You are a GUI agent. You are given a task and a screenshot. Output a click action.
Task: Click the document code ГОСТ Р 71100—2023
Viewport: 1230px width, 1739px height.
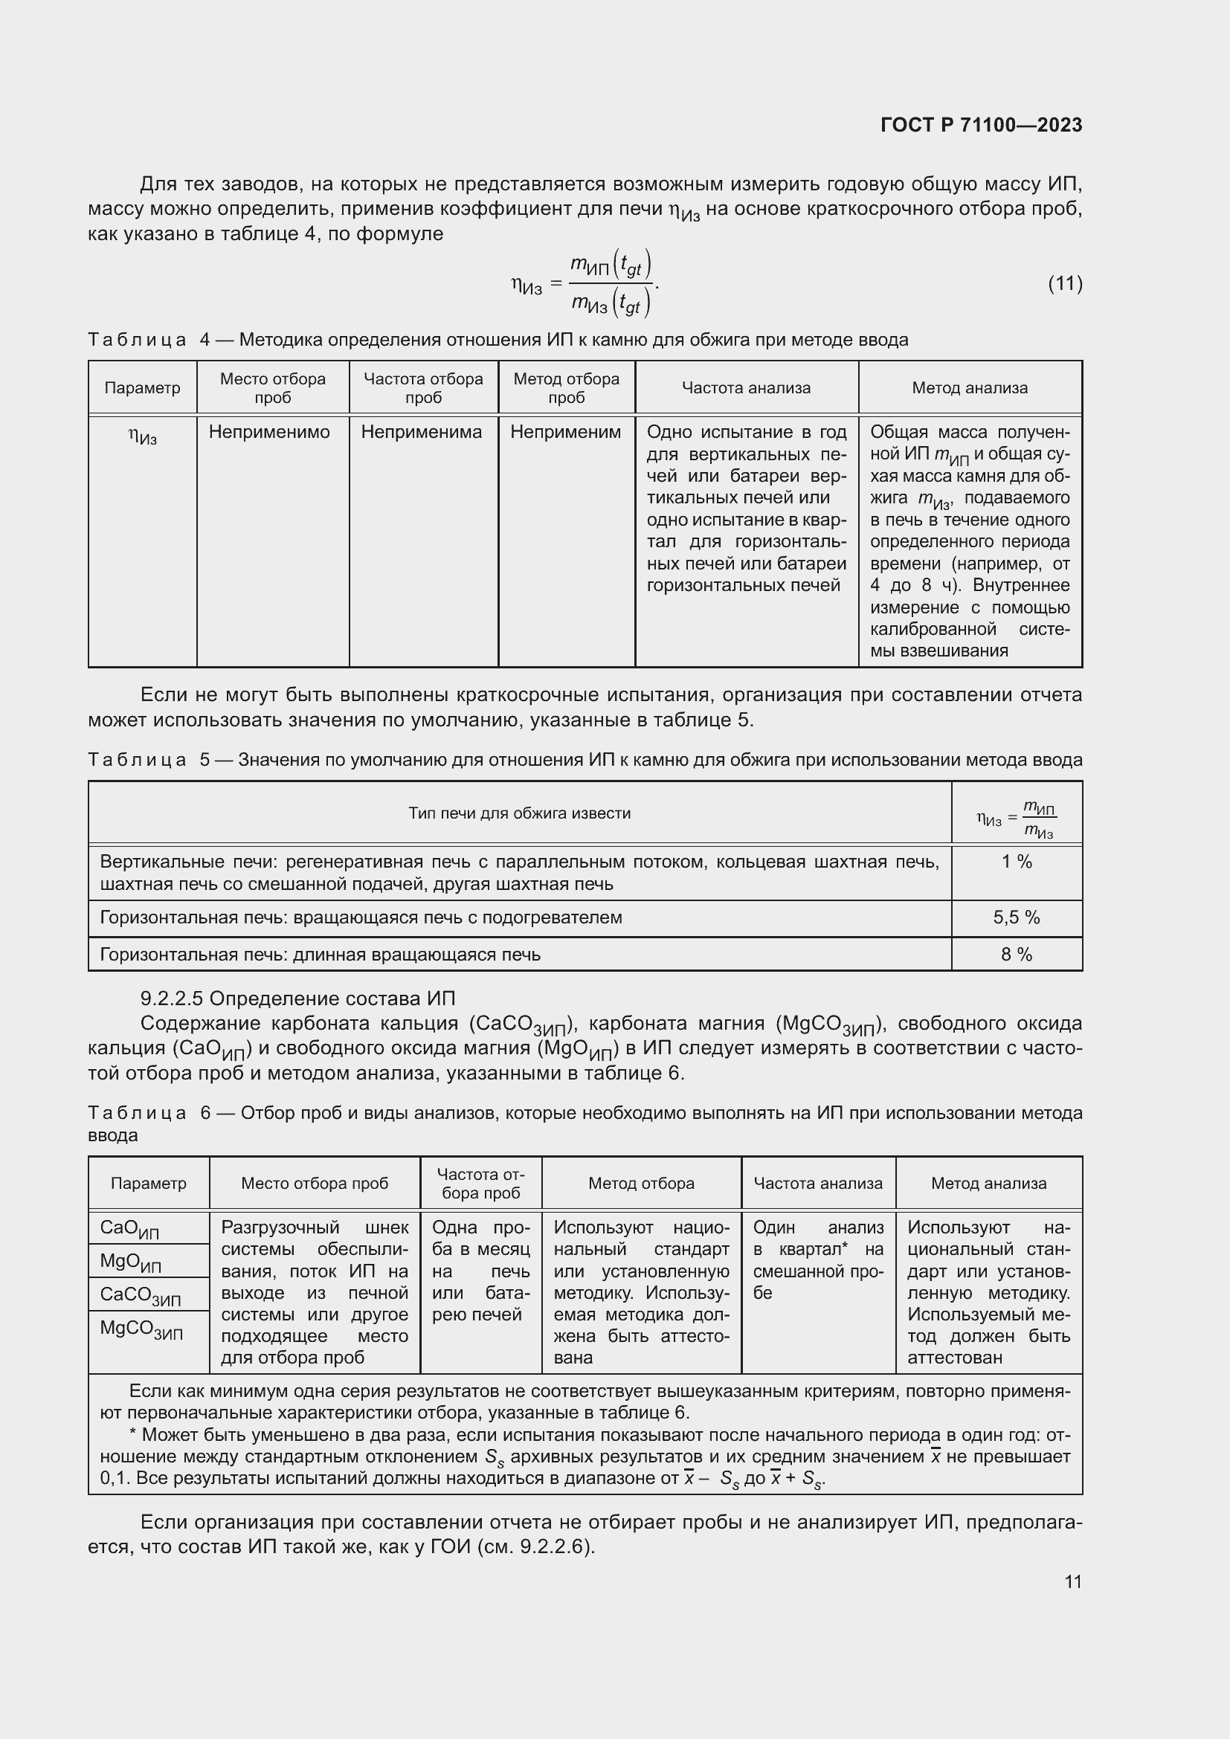[981, 125]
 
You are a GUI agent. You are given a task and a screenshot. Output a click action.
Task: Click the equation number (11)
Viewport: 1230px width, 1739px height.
[1064, 283]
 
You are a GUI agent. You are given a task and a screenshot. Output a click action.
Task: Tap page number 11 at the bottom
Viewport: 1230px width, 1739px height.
[1072, 1581]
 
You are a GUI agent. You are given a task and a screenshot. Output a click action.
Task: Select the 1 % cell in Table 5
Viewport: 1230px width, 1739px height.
[1017, 862]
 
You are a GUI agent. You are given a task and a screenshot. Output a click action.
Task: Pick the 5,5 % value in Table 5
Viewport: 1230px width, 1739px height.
[1017, 917]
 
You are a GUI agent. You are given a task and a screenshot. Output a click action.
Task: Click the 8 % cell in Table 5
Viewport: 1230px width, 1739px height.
[1017, 955]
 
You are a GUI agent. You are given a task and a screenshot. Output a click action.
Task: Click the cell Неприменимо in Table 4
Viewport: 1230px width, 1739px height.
[269, 433]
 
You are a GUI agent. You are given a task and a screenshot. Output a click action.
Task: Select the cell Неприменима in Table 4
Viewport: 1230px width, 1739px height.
[421, 433]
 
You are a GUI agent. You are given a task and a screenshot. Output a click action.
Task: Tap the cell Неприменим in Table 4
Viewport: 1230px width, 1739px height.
[565, 433]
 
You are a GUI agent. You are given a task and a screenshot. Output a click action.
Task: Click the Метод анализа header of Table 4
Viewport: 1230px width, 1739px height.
[970, 388]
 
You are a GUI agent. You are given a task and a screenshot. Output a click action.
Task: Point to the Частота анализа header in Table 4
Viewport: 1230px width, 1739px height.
[746, 388]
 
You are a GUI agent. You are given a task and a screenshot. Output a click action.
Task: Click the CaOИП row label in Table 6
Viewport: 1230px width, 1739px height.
[129, 1228]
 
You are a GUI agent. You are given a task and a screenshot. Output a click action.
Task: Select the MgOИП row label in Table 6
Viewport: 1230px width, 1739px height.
[130, 1262]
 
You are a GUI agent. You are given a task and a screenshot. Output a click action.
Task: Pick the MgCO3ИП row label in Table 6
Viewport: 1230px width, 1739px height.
[141, 1329]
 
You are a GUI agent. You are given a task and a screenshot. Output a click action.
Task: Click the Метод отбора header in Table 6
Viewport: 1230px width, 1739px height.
[641, 1183]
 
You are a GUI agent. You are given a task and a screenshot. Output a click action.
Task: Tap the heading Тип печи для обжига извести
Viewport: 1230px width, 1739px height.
[520, 813]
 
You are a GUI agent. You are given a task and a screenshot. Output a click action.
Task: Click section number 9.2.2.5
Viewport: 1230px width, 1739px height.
[171, 998]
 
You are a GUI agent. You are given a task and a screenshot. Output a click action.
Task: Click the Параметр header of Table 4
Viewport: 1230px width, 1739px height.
[142, 388]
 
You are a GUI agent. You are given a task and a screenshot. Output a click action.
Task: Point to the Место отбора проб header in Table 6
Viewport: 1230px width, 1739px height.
[315, 1183]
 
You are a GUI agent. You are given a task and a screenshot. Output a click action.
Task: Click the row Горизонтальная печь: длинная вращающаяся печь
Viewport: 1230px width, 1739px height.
[321, 955]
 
